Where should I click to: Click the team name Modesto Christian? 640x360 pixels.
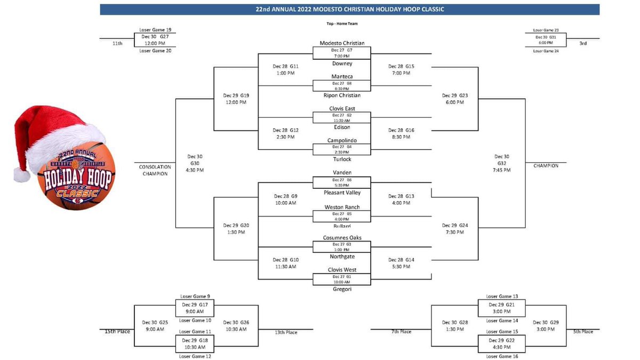(x=342, y=43)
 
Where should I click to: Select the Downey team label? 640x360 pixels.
(x=342, y=63)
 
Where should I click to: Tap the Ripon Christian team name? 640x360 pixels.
(x=342, y=95)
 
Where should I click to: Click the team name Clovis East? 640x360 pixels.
(x=342, y=108)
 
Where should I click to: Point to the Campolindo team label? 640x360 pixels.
(x=342, y=140)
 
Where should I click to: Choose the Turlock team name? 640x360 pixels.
(x=342, y=159)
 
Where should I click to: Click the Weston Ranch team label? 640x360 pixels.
(x=342, y=207)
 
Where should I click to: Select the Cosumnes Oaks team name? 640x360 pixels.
(x=342, y=238)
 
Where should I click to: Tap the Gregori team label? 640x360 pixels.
(x=342, y=289)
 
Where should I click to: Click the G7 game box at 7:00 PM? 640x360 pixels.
(x=342, y=53)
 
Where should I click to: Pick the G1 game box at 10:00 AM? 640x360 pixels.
(x=342, y=279)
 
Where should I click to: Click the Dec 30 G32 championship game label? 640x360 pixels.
(x=502, y=163)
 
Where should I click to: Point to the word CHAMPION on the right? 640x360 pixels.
(x=546, y=166)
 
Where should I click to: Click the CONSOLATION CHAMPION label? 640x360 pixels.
(x=154, y=170)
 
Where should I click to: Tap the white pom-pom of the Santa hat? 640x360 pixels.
(x=22, y=174)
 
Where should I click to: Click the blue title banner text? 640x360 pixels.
(x=349, y=9)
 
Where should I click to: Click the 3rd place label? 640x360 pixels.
(x=583, y=43)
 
